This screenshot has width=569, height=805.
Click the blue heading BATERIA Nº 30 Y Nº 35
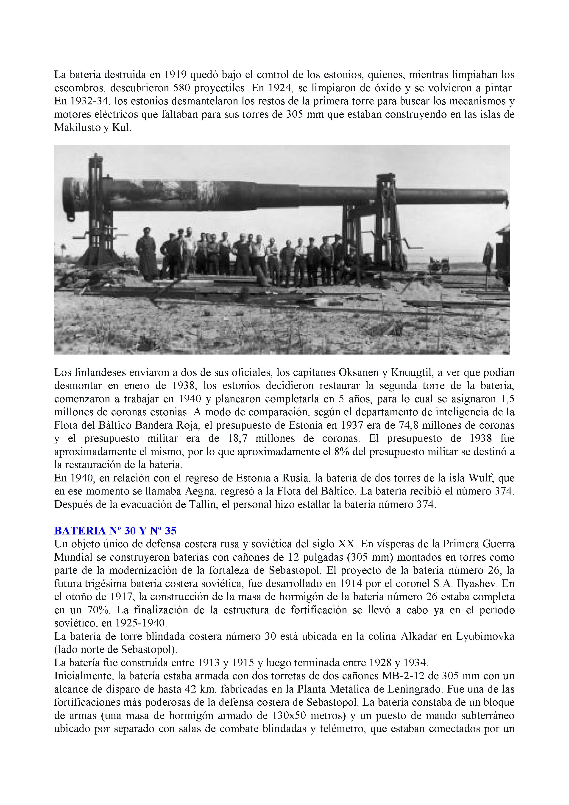tap(115, 531)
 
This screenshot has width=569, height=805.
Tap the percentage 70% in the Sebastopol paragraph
tap(97, 610)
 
